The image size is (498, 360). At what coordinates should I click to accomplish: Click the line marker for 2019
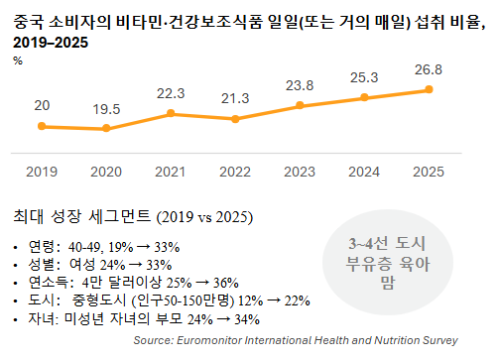coord(42,126)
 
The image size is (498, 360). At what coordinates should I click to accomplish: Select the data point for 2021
coord(172,113)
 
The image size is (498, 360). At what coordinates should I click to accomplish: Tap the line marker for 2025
coord(429,89)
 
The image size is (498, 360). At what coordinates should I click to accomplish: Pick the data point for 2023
coord(301,105)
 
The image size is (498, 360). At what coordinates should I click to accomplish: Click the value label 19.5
coord(106,108)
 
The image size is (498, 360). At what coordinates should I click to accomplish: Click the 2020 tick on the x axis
coord(106,172)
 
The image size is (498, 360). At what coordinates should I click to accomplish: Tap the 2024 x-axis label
coord(365,172)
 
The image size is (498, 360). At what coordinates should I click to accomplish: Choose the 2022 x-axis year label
coord(236,172)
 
